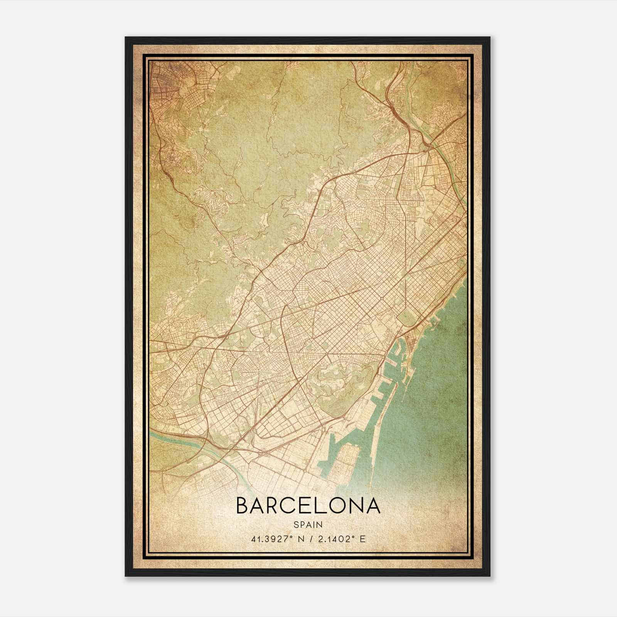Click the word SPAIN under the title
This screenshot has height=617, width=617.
coord(308,524)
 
